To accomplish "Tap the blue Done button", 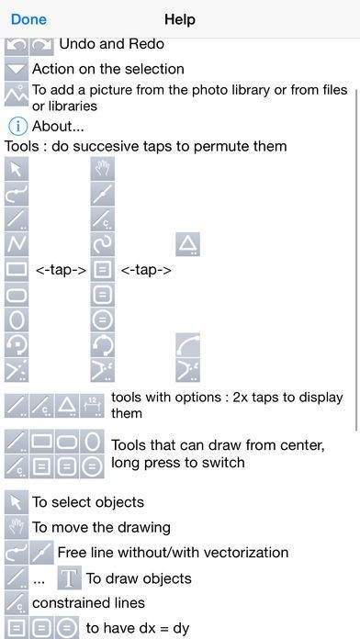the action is (x=28, y=19).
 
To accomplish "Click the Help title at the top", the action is (x=180, y=19).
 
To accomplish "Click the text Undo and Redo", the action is (x=112, y=43).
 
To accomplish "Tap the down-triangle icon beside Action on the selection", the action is (x=17, y=69).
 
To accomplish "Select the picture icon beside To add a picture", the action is (x=17, y=95).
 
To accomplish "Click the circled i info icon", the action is (x=17, y=127).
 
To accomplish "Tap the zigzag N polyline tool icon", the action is (x=17, y=244).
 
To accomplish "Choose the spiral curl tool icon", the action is (x=102, y=244).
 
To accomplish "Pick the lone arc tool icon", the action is (x=188, y=345).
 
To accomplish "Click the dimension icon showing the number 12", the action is (x=92, y=406).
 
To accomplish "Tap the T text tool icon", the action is (x=70, y=577).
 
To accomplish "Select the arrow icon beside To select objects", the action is (x=17, y=501).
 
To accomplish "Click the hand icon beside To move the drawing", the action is (x=17, y=527).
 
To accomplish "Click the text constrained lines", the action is (x=88, y=602).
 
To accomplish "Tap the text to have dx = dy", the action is (x=138, y=628).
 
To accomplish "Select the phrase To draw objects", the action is (x=139, y=578).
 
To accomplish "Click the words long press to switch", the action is (x=178, y=463).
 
